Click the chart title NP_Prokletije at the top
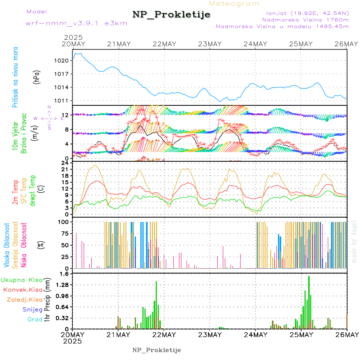(x=171, y=14)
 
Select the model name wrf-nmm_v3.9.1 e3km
(x=76, y=23)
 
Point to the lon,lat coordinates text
(x=305, y=13)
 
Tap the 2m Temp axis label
(x=15, y=193)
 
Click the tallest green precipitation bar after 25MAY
(x=309, y=302)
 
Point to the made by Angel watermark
(x=354, y=241)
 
